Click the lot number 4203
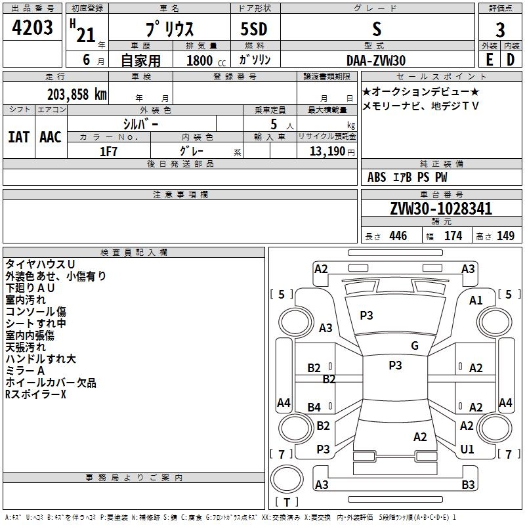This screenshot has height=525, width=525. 33,29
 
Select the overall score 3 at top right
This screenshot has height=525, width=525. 500,30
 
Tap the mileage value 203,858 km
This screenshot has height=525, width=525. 77,94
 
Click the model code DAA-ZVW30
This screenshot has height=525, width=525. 376,60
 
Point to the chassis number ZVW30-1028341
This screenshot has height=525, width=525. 441,209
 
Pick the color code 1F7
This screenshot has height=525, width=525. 108,152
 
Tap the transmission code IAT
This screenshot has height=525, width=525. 18,137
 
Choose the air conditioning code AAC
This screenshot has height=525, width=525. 51,137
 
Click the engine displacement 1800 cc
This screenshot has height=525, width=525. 200,60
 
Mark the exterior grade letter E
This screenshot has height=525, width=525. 489,60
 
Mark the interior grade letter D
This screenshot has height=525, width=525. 511,60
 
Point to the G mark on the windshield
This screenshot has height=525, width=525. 415,346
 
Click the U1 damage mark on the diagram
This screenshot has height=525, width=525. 467,450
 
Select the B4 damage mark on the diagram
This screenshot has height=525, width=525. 314,408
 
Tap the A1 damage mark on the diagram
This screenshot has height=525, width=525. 476,300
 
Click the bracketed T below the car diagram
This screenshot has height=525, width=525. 286,503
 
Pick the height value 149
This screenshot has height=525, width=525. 505,236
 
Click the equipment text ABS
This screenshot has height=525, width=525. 377,177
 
